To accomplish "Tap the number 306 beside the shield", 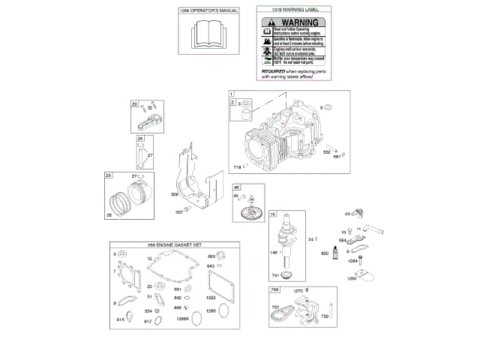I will point(175,195).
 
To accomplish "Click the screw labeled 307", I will point(190,211).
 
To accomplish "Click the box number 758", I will point(274,289).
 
